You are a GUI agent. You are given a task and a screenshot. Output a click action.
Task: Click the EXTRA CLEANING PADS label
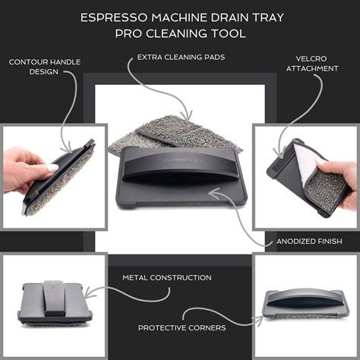click(x=179, y=57)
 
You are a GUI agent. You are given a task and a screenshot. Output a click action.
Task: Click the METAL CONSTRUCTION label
click(x=167, y=277)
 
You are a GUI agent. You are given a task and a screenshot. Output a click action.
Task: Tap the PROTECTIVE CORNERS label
click(x=181, y=327)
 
